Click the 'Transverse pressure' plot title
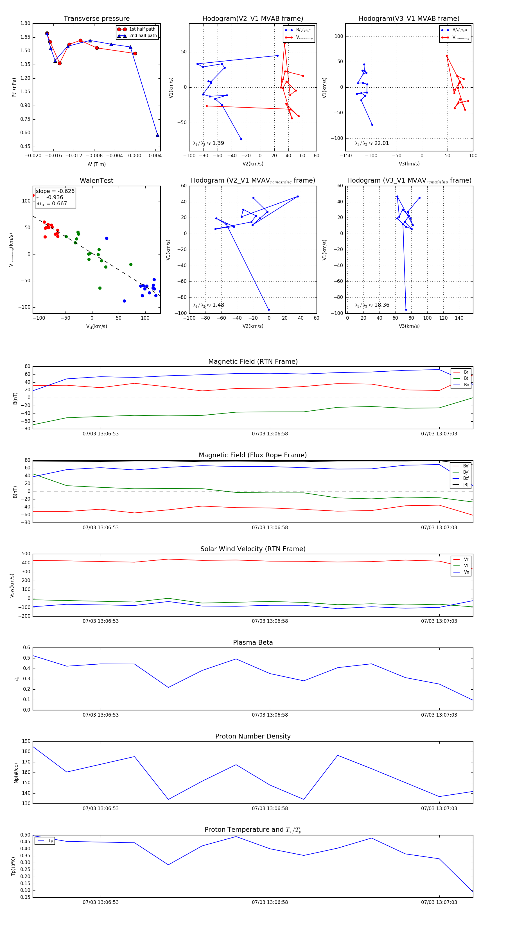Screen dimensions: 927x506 coord(96,19)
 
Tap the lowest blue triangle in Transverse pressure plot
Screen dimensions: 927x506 coord(157,135)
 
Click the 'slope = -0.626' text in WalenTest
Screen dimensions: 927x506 coord(55,191)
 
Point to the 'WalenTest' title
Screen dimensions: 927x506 coord(96,181)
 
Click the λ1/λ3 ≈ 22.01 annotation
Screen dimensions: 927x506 coord(372,143)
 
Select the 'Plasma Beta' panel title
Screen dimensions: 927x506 coord(253,642)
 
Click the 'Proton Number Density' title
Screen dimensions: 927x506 coord(253,736)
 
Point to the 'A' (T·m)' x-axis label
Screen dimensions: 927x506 coord(96,164)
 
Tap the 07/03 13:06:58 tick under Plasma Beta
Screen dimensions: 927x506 coord(270,715)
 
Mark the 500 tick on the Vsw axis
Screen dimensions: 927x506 coord(26,554)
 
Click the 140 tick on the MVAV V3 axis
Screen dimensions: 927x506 coord(459,318)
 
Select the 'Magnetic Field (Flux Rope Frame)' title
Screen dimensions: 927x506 coord(253,455)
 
